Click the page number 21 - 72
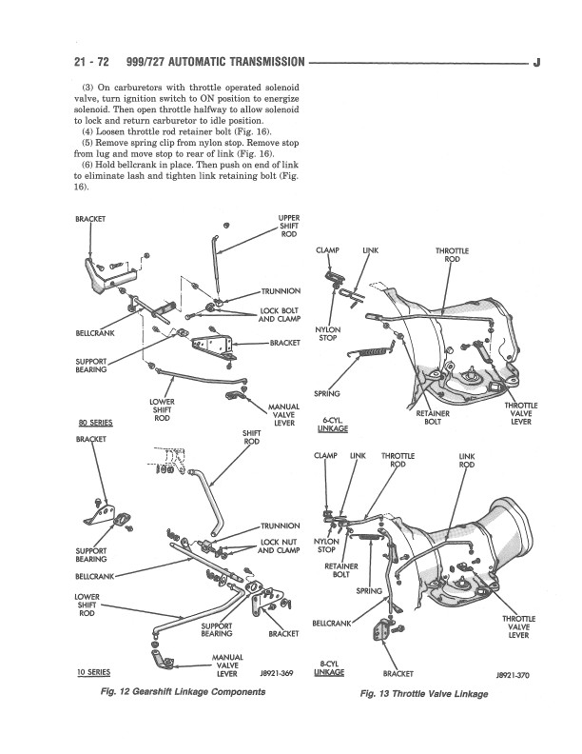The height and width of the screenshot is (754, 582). (91, 62)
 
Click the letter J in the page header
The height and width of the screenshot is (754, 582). (537, 63)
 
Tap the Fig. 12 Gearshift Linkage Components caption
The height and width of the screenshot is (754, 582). (183, 692)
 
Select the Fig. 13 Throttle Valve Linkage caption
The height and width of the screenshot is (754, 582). (424, 693)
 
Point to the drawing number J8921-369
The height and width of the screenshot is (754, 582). (277, 673)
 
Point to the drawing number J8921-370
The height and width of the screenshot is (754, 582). (513, 675)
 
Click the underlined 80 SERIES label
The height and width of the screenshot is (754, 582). (95, 423)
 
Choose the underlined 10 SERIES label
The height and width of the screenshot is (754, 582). (93, 672)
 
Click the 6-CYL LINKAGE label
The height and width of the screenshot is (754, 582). (333, 425)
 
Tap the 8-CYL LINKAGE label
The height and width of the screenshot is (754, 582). (329, 668)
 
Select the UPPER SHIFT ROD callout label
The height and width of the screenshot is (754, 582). (288, 226)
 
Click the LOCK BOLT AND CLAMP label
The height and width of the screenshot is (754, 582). (280, 314)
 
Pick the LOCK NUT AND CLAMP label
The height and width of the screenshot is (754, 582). (279, 546)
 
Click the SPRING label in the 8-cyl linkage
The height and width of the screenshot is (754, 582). (369, 591)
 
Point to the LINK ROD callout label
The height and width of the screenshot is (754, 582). (467, 461)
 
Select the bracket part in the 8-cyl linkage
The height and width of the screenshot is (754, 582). (380, 632)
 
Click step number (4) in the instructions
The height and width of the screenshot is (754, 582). (87, 131)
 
